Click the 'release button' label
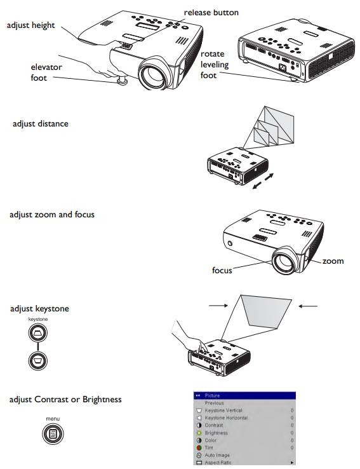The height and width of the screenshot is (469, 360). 211,13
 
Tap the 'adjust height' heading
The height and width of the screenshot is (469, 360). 30,25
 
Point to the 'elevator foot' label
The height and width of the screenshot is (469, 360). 46,72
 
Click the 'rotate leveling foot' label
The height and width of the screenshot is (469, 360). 215,64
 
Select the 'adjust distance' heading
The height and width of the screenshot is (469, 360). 41,124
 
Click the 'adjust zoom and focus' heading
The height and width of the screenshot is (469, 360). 52,214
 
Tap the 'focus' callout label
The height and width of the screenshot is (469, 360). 222,270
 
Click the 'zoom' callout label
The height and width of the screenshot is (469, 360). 333,261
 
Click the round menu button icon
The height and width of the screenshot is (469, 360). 53,433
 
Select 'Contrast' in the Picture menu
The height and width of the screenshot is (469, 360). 214,425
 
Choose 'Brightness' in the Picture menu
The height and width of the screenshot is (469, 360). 217,433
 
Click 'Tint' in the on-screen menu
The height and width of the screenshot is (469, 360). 209,447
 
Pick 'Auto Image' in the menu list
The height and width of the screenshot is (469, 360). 217,455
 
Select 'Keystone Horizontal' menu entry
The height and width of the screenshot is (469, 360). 226,418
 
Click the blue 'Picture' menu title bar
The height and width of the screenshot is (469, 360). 244,395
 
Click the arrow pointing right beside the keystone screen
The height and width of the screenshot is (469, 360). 218,306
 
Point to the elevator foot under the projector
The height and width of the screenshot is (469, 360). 122,80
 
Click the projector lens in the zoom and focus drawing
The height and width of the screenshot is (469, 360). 283,260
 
